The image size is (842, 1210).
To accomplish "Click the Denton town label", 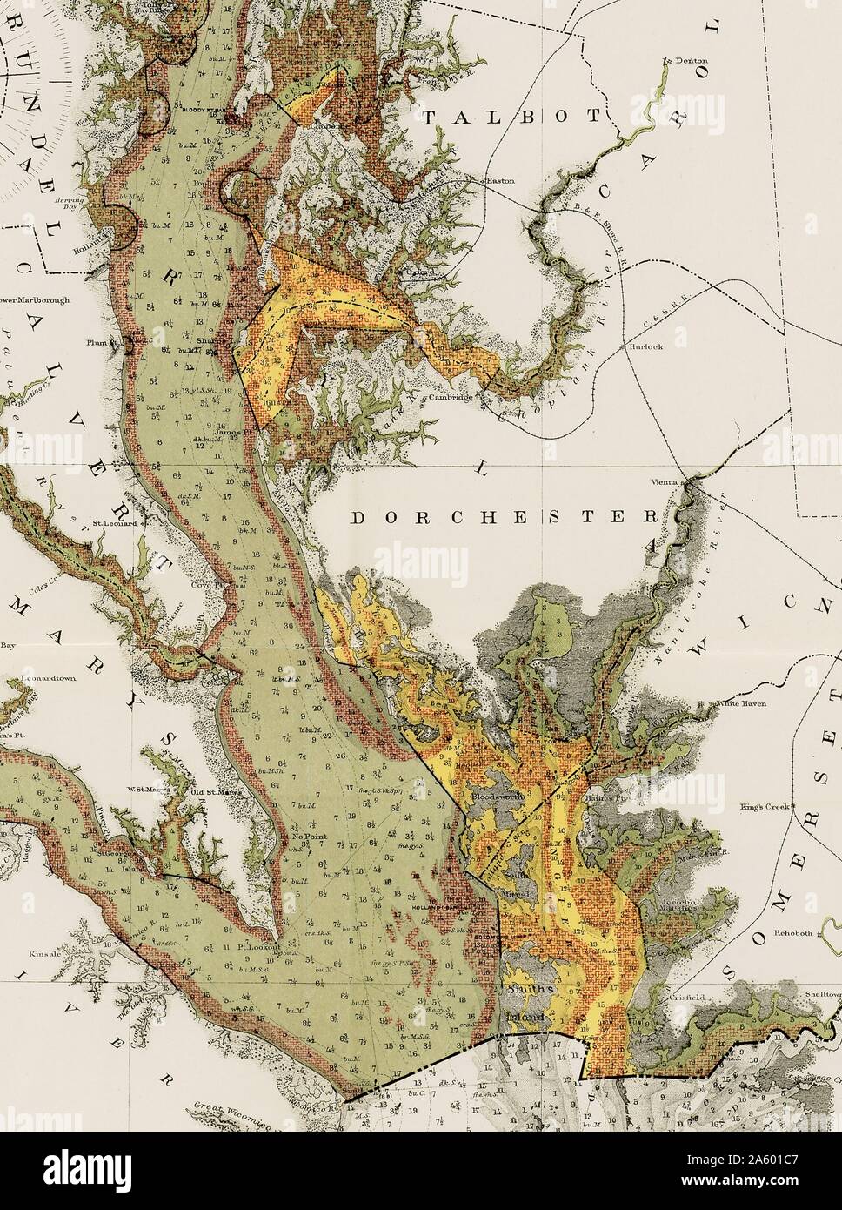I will pos(688,61).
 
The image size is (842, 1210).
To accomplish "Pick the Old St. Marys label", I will pos(210,791).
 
